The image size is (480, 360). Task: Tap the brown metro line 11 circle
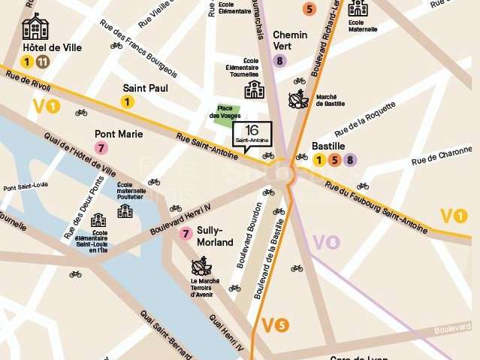click(x=43, y=62)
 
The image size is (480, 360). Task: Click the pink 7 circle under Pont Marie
click(x=101, y=148)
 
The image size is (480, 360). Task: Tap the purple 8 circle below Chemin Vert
click(x=280, y=61)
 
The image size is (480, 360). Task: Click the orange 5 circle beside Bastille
click(x=334, y=159)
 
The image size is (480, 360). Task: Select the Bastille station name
click(x=328, y=146)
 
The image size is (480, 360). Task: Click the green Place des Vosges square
click(x=224, y=110)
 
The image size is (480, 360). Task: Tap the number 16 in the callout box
click(x=252, y=129)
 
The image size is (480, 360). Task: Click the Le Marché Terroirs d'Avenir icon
click(x=201, y=266)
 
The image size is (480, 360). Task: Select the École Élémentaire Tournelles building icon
click(x=255, y=89)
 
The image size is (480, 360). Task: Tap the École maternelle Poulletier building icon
click(x=125, y=210)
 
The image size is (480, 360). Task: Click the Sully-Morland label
click(x=214, y=237)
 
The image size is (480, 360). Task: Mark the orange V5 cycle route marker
click(x=274, y=325)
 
